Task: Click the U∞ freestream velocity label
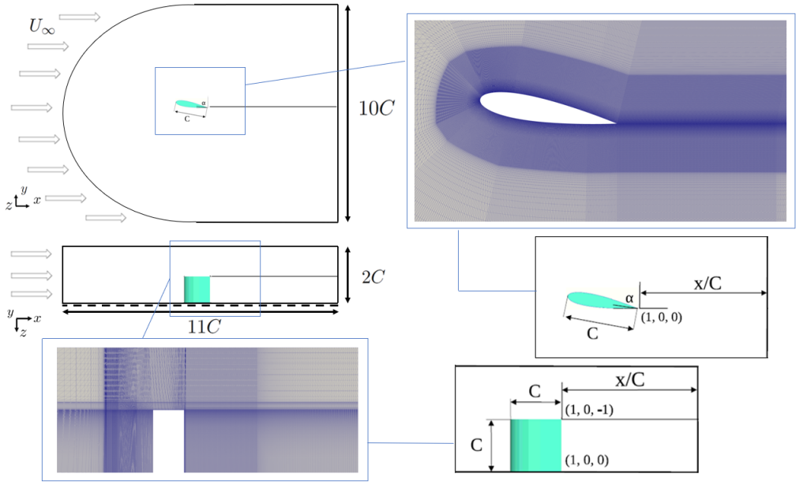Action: pyautogui.click(x=42, y=27)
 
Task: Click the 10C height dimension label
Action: pyautogui.click(x=377, y=108)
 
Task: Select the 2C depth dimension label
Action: pyautogui.click(x=373, y=277)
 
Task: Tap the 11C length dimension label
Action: pyautogui.click(x=204, y=326)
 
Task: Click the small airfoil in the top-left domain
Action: pyautogui.click(x=191, y=104)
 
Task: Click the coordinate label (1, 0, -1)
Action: pyautogui.click(x=589, y=409)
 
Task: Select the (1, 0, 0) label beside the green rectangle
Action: pyautogui.click(x=587, y=460)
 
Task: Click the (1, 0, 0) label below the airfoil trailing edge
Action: pyautogui.click(x=662, y=317)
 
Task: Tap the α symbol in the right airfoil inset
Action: pyautogui.click(x=629, y=298)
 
